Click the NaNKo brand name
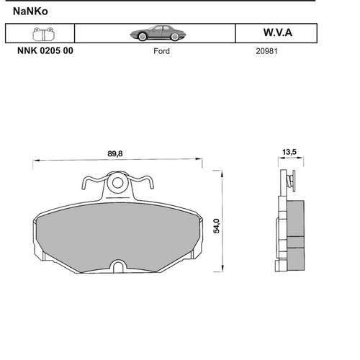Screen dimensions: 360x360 tap(30, 12)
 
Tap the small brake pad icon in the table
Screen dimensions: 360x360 tap(43, 34)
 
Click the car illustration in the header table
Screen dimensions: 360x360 tap(158, 33)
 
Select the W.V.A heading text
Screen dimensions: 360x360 tap(278, 32)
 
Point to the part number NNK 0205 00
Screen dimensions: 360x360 tap(45, 50)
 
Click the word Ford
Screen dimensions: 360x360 tap(161, 51)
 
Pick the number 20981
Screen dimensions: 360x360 tap(266, 51)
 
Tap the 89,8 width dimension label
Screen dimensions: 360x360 tap(115, 153)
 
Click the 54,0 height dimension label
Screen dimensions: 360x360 tap(217, 226)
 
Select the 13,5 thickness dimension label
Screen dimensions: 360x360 tap(289, 152)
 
